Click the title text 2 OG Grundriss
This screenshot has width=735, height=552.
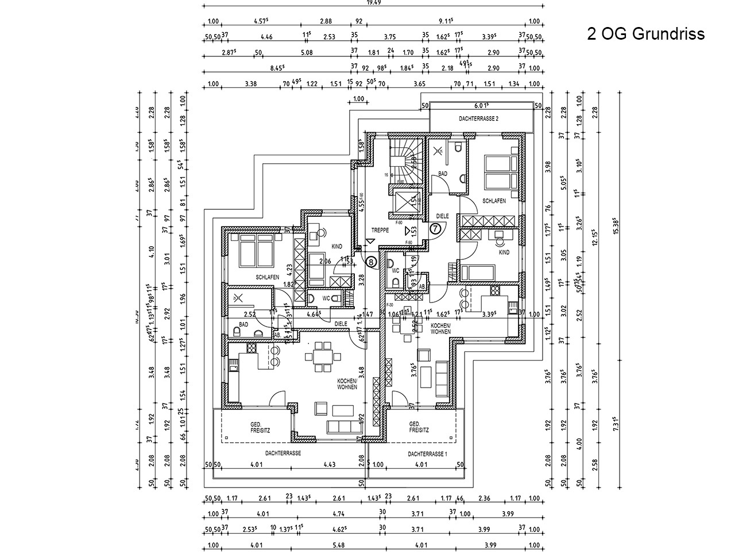pyautogui.click(x=645, y=34)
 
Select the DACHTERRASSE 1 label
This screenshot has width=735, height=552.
pyautogui.click(x=427, y=454)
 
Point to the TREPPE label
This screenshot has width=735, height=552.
pyautogui.click(x=380, y=229)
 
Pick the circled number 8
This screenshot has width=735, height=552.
pyautogui.click(x=372, y=262)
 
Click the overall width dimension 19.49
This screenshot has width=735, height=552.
pyautogui.click(x=374, y=2)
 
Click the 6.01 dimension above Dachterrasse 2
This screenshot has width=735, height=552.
pyautogui.click(x=480, y=105)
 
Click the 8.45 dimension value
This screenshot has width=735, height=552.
pyautogui.click(x=277, y=68)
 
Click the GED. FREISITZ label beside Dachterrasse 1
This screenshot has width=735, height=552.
pyautogui.click(x=419, y=426)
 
